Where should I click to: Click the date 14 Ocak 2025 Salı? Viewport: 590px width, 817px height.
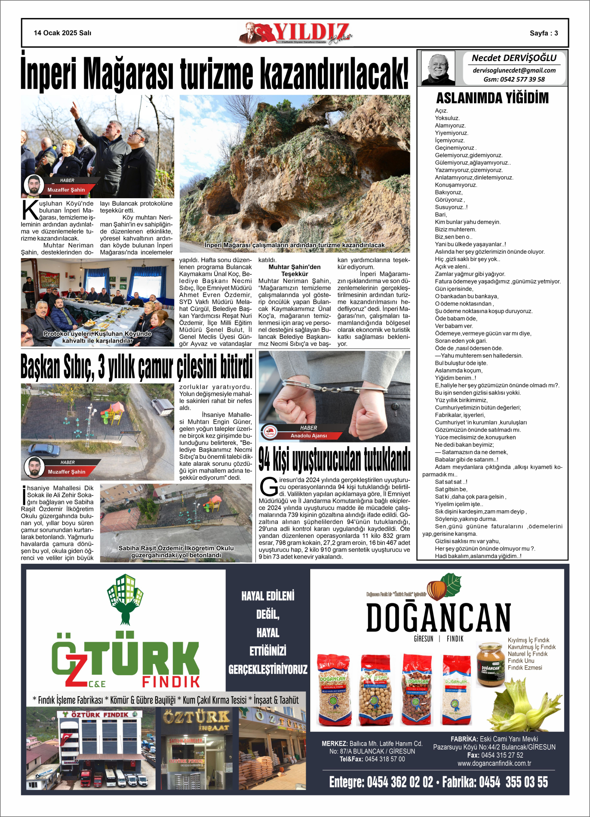tap(62, 33)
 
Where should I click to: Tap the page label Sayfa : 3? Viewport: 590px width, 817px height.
tap(544, 33)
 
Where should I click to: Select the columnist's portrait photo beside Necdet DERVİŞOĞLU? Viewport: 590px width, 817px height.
tap(438, 68)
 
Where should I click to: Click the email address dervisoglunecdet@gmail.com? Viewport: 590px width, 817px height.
tap(514, 71)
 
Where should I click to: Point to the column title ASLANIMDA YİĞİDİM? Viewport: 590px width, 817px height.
tap(492, 98)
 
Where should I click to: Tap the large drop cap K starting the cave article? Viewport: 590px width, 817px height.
tap(30, 210)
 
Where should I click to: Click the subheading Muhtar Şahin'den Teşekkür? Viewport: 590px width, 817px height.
tap(295, 270)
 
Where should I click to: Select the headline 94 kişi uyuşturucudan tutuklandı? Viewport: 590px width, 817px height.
tap(334, 460)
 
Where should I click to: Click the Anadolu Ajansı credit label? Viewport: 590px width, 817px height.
tap(308, 436)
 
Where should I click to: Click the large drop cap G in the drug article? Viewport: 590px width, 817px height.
tap(268, 487)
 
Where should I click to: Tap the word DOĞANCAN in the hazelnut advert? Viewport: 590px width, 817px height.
tap(438, 617)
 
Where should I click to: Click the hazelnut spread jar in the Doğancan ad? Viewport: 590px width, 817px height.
tap(490, 665)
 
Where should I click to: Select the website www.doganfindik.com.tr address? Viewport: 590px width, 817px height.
tap(494, 763)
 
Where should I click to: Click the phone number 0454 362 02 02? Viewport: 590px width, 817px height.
tap(399, 782)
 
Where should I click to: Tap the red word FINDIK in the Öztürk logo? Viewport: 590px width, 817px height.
tap(171, 682)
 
